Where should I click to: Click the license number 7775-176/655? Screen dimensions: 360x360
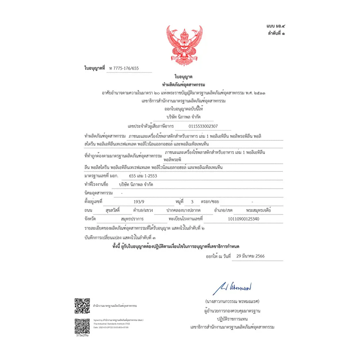point(126,68)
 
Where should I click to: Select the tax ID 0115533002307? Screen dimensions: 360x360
point(203,126)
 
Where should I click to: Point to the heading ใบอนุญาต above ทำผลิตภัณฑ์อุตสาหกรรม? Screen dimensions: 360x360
point(184,77)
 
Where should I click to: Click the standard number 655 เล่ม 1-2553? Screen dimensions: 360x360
point(143,176)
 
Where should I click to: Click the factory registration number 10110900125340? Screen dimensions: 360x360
point(243,219)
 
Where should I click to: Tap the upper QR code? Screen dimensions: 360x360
point(82,306)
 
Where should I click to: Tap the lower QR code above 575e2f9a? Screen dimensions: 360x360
point(82,326)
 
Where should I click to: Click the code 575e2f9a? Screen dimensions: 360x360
point(82,335)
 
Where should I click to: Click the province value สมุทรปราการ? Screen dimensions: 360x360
point(132,219)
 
